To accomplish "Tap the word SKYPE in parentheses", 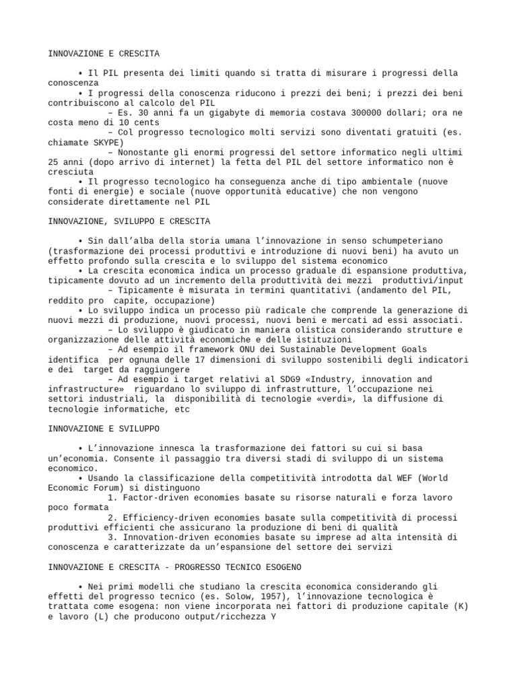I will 105,143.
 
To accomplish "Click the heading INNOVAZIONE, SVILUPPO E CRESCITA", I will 129,221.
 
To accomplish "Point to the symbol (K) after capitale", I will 459,606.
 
